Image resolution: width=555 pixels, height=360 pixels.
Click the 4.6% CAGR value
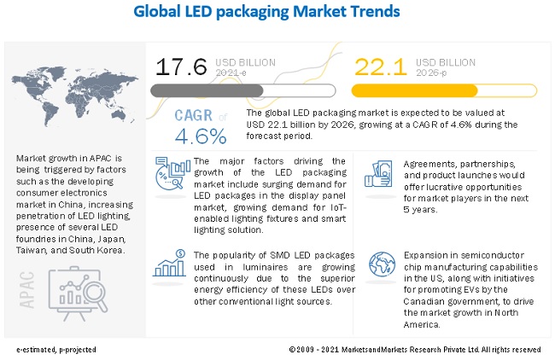201,135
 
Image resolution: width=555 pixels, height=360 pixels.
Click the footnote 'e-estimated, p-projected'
55,350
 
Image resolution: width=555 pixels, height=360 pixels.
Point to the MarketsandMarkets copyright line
414,350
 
